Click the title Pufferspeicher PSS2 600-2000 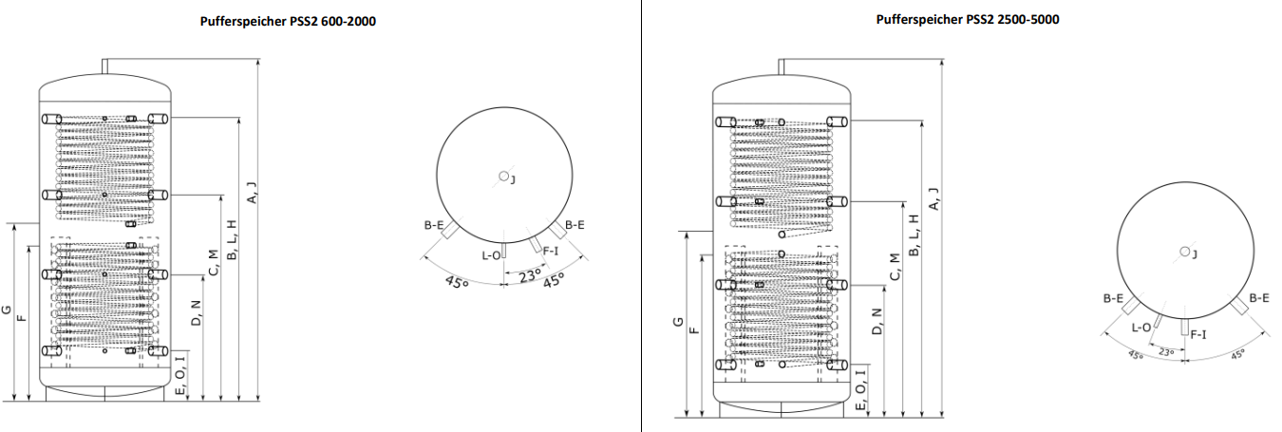click(x=288, y=22)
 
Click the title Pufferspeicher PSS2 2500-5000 click(x=968, y=19)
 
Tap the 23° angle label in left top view click(x=530, y=276)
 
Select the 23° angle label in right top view click(x=1166, y=352)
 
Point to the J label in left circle click(x=513, y=179)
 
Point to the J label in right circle click(x=1195, y=254)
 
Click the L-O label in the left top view click(x=491, y=255)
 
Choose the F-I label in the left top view click(x=550, y=251)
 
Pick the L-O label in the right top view click(x=1141, y=328)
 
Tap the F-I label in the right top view click(x=1198, y=334)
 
